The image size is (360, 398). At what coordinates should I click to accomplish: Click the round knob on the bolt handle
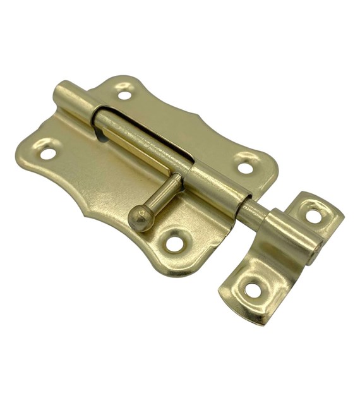click(x=140, y=217)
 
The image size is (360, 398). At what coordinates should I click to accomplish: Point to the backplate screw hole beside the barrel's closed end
click(x=125, y=95)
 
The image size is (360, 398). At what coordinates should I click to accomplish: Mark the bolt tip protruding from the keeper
click(x=315, y=253)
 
